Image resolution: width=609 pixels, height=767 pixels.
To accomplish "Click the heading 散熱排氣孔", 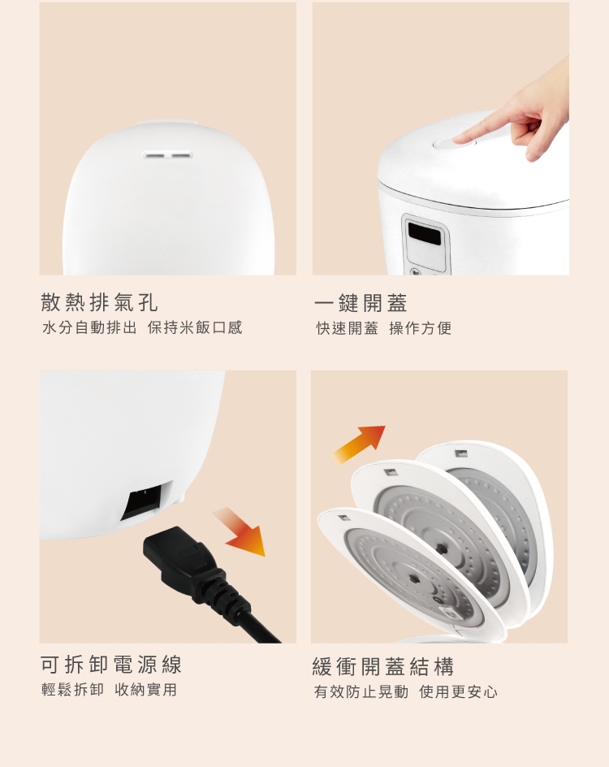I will (x=99, y=303).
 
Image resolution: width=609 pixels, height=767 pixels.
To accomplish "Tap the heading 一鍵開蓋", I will (x=361, y=303).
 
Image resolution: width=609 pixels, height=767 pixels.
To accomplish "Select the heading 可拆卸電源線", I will (x=111, y=665).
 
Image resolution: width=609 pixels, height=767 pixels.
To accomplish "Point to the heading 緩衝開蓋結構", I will (x=383, y=667).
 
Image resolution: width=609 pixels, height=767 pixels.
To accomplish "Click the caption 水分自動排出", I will (x=89, y=328).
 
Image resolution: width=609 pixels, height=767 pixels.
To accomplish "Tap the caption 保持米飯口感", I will (x=195, y=328).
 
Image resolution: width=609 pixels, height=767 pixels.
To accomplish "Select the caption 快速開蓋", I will (x=348, y=328).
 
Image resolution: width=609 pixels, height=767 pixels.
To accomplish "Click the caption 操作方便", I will (x=420, y=328).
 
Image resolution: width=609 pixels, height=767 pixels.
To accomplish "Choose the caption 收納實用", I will (x=145, y=690).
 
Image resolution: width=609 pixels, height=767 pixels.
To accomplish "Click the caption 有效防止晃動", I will (x=361, y=692).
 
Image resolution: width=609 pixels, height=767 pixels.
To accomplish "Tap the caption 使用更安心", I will (x=459, y=692).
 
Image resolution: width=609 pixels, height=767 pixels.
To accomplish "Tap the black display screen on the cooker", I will (x=426, y=233).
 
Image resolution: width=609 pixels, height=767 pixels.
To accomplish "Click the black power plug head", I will (x=175, y=553).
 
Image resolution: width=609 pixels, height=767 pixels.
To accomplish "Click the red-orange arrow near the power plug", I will (x=240, y=532).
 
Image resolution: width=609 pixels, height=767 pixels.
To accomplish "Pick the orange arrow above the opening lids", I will (x=359, y=443).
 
